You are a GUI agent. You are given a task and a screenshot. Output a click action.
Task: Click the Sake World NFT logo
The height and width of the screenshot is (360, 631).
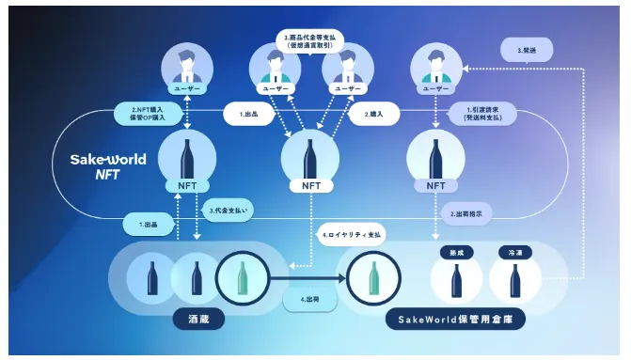pos(108,166)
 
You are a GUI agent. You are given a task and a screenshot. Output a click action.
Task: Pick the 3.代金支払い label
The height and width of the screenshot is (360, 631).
pos(229,211)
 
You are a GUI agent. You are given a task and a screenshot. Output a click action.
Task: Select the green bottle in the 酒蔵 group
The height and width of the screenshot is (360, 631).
pos(243,279)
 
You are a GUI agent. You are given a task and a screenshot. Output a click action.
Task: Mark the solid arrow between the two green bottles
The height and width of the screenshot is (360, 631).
pos(308,279)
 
